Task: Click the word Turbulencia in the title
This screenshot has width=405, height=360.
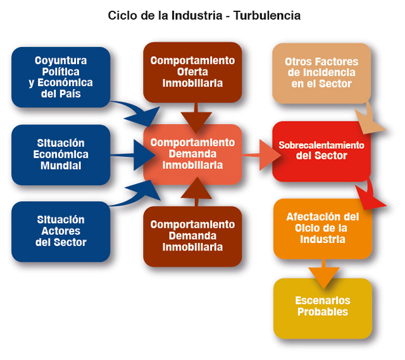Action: tap(267, 15)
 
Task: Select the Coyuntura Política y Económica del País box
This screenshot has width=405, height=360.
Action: tap(61, 77)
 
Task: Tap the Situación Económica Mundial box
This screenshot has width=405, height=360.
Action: tap(61, 154)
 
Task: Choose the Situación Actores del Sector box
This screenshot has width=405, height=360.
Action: tap(61, 232)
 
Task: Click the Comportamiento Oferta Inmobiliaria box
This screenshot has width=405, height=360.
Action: tap(192, 72)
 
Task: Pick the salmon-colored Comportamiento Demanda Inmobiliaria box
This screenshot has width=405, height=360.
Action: tap(192, 154)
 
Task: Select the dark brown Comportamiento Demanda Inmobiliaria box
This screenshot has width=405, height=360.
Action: tap(192, 236)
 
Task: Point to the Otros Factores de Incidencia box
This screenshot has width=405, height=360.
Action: tap(321, 73)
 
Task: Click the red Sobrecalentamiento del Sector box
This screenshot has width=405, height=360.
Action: tap(321, 151)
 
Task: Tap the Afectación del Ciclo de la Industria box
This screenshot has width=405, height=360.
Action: tap(323, 229)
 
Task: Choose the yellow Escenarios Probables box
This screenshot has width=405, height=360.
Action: tap(323, 308)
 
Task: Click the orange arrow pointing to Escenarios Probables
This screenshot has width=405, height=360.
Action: tap(323, 274)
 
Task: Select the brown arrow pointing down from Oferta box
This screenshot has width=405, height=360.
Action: tap(196, 118)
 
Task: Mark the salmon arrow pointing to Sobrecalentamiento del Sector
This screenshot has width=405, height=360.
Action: tap(261, 155)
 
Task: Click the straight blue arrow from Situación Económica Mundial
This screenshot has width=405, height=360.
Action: tap(133, 155)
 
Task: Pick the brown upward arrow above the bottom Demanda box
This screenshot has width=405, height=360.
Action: tap(197, 192)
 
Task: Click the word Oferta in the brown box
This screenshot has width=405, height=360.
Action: tap(192, 71)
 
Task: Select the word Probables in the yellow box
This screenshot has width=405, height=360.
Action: tap(323, 312)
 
